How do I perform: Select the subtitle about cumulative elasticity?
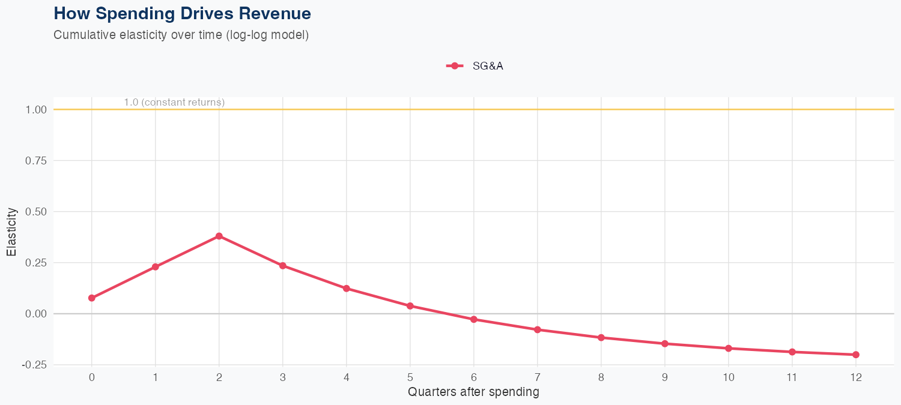coord(181,35)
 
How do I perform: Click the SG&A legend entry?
coord(475,66)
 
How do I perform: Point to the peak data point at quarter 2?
coord(219,236)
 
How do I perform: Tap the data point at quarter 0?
coord(92,298)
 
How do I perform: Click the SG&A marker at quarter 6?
coord(474,319)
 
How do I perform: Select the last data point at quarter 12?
coord(856,355)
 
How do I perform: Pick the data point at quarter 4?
coord(347,289)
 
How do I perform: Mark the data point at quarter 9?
coord(665,344)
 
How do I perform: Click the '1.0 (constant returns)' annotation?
coord(174,103)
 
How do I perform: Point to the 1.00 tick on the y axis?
coord(36,110)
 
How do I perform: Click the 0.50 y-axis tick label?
coord(36,212)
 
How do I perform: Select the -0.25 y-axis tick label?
coord(35,365)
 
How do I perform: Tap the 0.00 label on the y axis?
coord(36,314)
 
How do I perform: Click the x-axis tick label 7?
coord(538,377)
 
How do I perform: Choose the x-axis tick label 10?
coord(729,377)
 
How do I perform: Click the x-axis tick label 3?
coord(283,377)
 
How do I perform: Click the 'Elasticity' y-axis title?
coord(11,232)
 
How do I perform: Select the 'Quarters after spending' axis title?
coord(473,392)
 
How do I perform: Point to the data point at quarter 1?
coord(156,267)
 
